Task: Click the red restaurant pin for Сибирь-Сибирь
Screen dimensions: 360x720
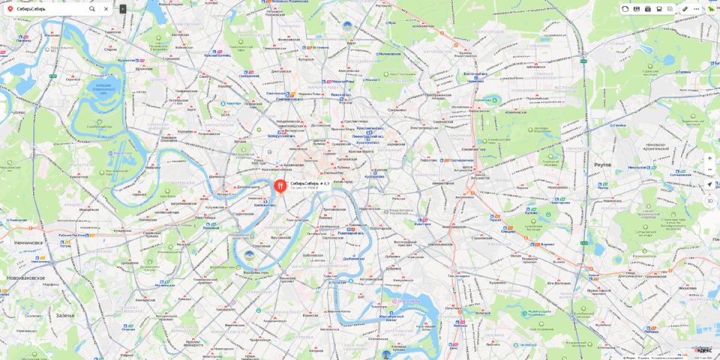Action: [x=280, y=184]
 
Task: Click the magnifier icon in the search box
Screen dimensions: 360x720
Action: [x=92, y=9]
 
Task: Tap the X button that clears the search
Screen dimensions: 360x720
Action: [x=106, y=9]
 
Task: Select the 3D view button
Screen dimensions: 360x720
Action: [x=709, y=200]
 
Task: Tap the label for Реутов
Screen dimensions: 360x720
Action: [x=602, y=164]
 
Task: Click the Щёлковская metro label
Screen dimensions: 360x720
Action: [x=535, y=66]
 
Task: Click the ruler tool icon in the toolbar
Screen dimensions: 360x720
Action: [x=685, y=9]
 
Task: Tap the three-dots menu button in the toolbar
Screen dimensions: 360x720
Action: [x=696, y=9]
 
